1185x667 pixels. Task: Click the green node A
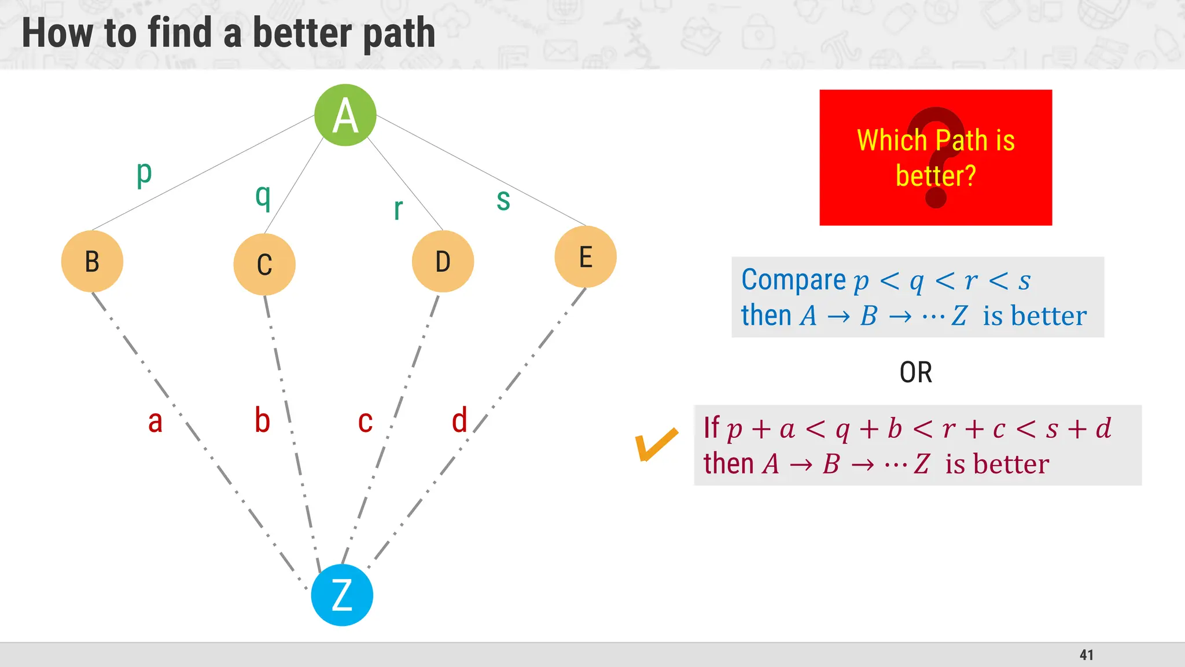coord(345,115)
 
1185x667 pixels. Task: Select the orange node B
coord(92,261)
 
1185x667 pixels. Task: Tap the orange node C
coord(264,265)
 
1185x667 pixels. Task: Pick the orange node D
coord(443,261)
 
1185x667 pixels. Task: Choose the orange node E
coord(586,256)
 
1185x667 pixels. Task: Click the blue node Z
coord(342,595)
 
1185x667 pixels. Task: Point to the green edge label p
coord(144,174)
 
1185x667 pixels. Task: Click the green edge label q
coord(263,197)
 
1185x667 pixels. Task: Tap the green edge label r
coord(398,209)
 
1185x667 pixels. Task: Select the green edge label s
coord(503,200)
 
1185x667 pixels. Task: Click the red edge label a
coord(155,422)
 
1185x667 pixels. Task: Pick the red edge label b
coord(263,420)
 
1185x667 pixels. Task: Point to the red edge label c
coord(365,422)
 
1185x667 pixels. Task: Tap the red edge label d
coord(459,420)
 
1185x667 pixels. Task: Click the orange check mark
coord(656,445)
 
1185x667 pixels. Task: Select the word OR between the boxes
coord(916,372)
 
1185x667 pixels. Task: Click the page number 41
coord(1087,655)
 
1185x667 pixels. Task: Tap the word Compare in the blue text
coord(793,280)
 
